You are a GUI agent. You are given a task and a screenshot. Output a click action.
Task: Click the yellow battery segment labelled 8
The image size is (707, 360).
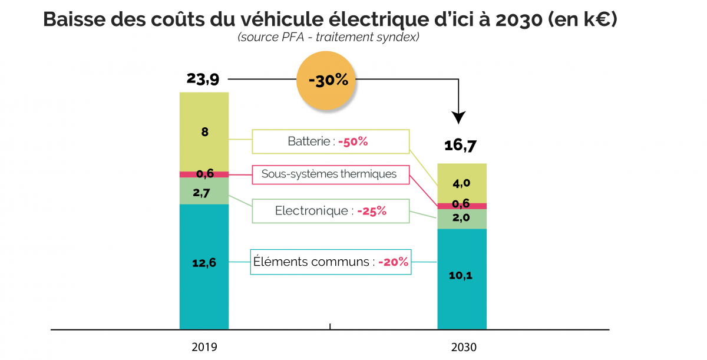204,132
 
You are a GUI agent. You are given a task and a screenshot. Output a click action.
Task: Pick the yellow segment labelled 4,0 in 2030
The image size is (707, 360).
462,183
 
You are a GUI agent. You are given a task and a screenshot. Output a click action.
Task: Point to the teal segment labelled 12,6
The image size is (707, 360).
204,263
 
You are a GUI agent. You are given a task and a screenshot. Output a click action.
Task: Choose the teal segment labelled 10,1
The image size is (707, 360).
462,276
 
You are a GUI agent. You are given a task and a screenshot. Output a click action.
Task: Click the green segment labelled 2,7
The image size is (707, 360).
204,191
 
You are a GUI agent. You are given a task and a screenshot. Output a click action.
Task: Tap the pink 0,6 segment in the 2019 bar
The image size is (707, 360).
204,174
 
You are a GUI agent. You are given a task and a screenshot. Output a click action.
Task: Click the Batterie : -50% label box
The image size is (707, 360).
331,142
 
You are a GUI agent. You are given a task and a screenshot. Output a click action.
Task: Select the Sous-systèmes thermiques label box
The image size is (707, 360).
331,174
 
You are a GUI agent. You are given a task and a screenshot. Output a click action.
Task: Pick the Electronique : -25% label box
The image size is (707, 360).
331,211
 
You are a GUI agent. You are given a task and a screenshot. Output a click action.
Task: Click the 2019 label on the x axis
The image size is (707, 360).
204,347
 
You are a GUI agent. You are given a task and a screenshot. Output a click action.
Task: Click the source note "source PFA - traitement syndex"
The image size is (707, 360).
328,37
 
